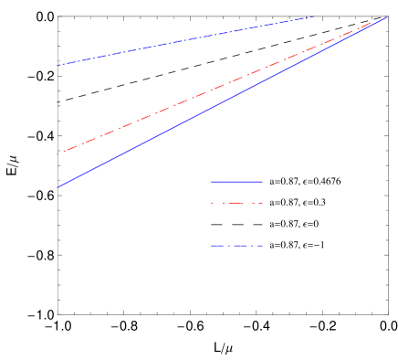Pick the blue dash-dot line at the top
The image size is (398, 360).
pyautogui.click(x=183, y=40)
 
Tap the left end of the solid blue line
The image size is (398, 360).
pyautogui.click(x=57, y=188)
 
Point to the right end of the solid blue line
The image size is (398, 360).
pyautogui.click(x=385, y=17)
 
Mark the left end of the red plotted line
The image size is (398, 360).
pyautogui.click(x=57, y=154)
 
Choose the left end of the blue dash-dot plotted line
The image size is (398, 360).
pyautogui.click(x=57, y=66)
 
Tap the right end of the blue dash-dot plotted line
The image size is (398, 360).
pyautogui.click(x=314, y=16)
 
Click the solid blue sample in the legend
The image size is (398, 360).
pyautogui.click(x=236, y=181)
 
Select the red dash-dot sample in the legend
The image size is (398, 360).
pyautogui.click(x=236, y=203)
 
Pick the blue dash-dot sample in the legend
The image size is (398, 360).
pyautogui.click(x=236, y=245)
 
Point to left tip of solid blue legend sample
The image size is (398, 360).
pyautogui.click(x=212, y=181)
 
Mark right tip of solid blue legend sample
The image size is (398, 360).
pyautogui.click(x=262, y=181)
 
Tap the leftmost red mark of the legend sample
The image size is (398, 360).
pyautogui.click(x=213, y=203)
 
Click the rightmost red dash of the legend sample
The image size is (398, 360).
pyautogui.click(x=259, y=203)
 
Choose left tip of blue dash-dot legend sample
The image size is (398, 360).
pyautogui.click(x=212, y=245)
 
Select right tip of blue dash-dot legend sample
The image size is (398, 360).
pyautogui.click(x=262, y=245)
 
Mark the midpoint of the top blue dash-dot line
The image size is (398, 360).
pyautogui.click(x=185, y=40)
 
